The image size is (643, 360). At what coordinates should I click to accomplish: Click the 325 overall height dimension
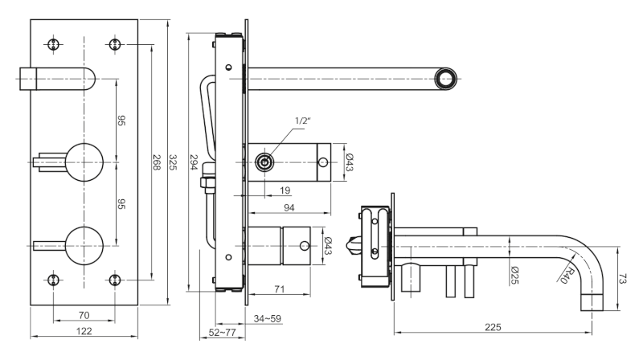click(x=173, y=162)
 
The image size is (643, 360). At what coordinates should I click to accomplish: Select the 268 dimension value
click(x=157, y=162)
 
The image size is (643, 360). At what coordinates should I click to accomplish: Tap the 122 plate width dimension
click(x=84, y=331)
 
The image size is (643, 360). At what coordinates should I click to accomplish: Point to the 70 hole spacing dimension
click(x=84, y=315)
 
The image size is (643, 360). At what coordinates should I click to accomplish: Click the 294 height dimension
click(x=194, y=162)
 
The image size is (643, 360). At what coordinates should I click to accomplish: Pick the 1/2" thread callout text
click(x=303, y=121)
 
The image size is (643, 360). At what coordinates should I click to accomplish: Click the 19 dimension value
click(x=285, y=190)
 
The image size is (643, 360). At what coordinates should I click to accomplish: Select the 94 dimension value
click(x=289, y=208)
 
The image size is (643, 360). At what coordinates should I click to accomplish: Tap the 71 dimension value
click(x=279, y=289)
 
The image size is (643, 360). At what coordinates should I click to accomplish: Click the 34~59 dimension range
click(x=268, y=318)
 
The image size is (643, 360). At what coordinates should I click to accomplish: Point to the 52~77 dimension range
click(x=223, y=333)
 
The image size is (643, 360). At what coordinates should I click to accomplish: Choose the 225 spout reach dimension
click(x=493, y=327)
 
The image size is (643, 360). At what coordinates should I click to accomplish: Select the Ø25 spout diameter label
click(x=515, y=275)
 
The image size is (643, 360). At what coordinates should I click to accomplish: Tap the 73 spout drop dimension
click(x=623, y=279)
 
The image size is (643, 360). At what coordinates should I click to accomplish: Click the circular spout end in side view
click(x=445, y=79)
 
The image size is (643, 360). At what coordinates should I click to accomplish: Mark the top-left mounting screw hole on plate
click(x=53, y=44)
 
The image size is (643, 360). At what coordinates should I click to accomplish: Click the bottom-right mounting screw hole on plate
click(x=115, y=280)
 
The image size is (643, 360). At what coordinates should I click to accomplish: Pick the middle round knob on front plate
click(x=84, y=162)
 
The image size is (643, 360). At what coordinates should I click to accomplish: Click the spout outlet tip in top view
click(x=592, y=302)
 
